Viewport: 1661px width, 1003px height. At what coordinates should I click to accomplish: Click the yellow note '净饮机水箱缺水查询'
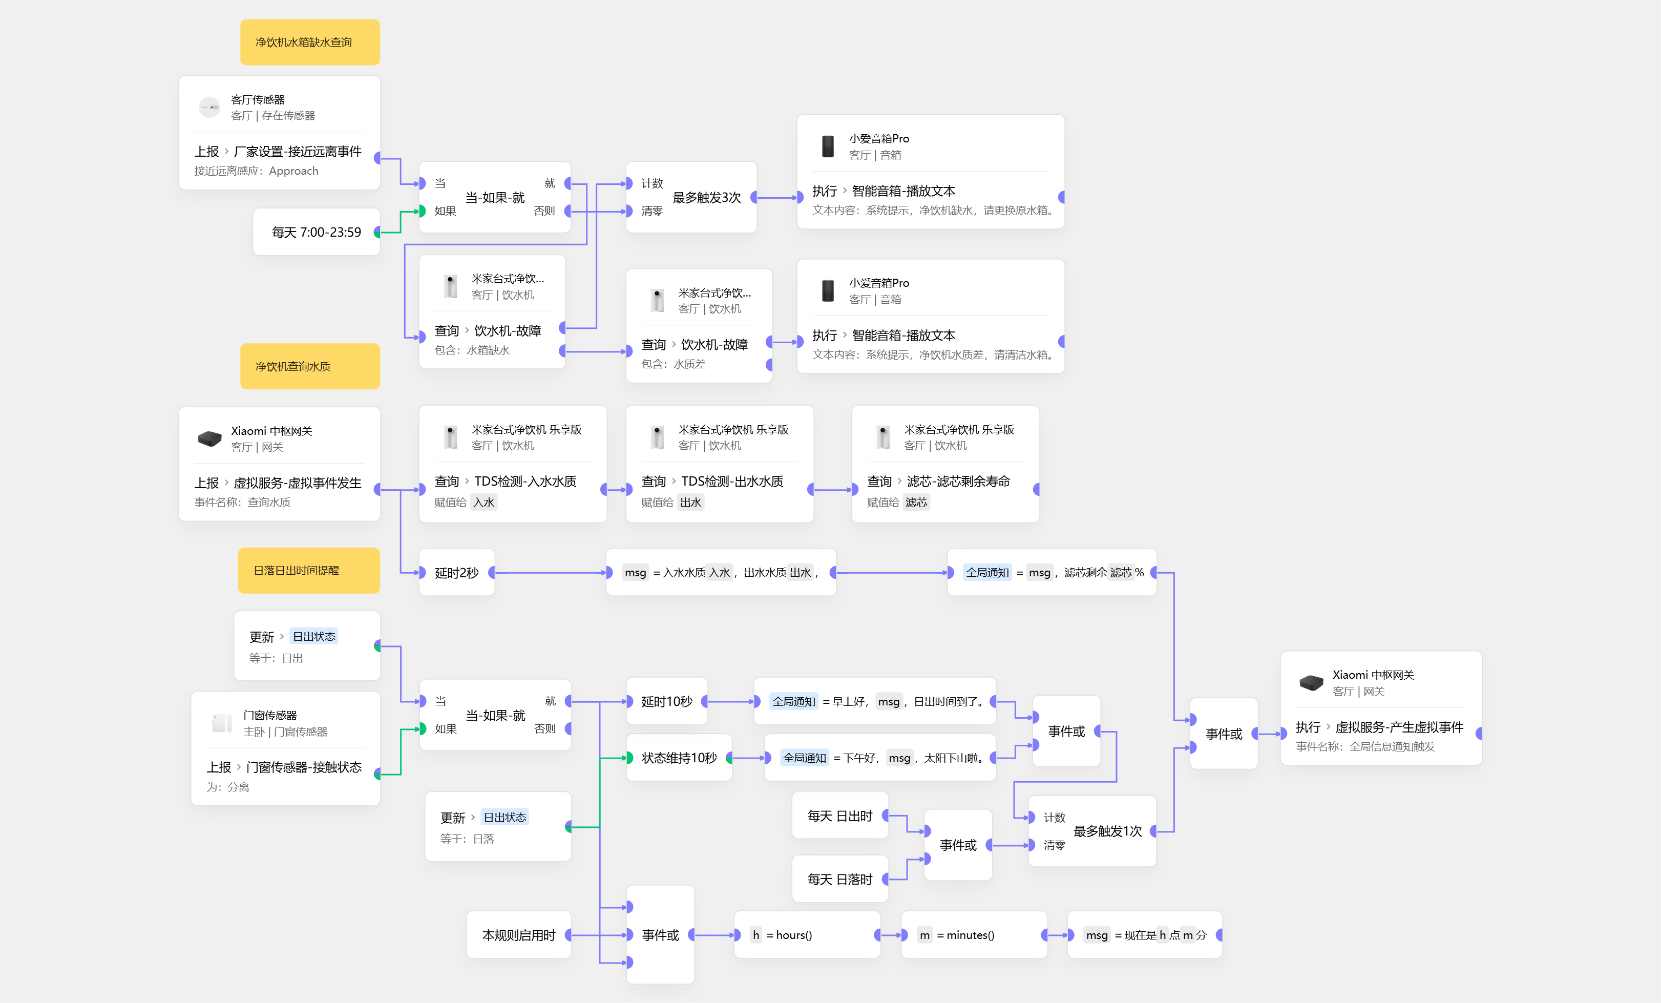click(309, 43)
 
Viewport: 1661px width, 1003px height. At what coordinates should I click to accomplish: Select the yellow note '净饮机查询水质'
click(309, 367)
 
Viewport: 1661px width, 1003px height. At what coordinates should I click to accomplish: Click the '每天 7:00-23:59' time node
click(316, 233)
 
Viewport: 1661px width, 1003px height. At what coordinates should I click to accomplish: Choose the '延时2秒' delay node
click(456, 573)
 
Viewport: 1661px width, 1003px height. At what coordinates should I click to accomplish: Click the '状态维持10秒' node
click(679, 758)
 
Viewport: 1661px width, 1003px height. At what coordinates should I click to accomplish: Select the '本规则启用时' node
click(518, 935)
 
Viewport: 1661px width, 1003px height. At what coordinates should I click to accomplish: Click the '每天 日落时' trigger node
click(839, 880)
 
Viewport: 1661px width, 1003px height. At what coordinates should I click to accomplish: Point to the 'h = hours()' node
click(806, 935)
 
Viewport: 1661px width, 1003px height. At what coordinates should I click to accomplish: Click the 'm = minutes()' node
click(974, 935)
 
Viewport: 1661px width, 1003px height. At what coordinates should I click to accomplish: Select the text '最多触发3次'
click(706, 198)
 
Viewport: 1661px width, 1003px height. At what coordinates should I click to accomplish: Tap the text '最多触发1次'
click(1107, 831)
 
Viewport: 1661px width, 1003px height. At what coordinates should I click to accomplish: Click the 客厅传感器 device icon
click(209, 107)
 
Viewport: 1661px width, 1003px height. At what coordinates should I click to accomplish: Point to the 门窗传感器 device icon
click(222, 723)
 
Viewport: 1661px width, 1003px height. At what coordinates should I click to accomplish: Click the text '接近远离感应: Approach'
click(256, 171)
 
